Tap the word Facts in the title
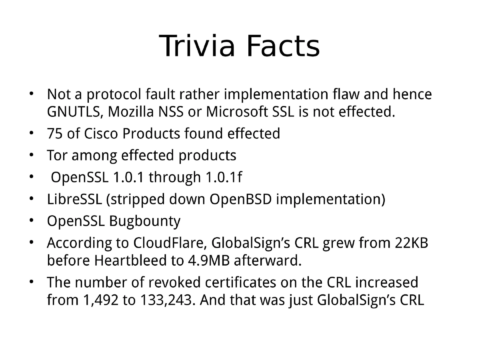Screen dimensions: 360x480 coord(283,46)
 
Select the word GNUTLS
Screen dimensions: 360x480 coord(72,112)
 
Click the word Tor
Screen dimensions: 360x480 coord(56,155)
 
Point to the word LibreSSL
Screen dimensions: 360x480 coord(74,199)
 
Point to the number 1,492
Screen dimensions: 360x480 coord(100,300)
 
